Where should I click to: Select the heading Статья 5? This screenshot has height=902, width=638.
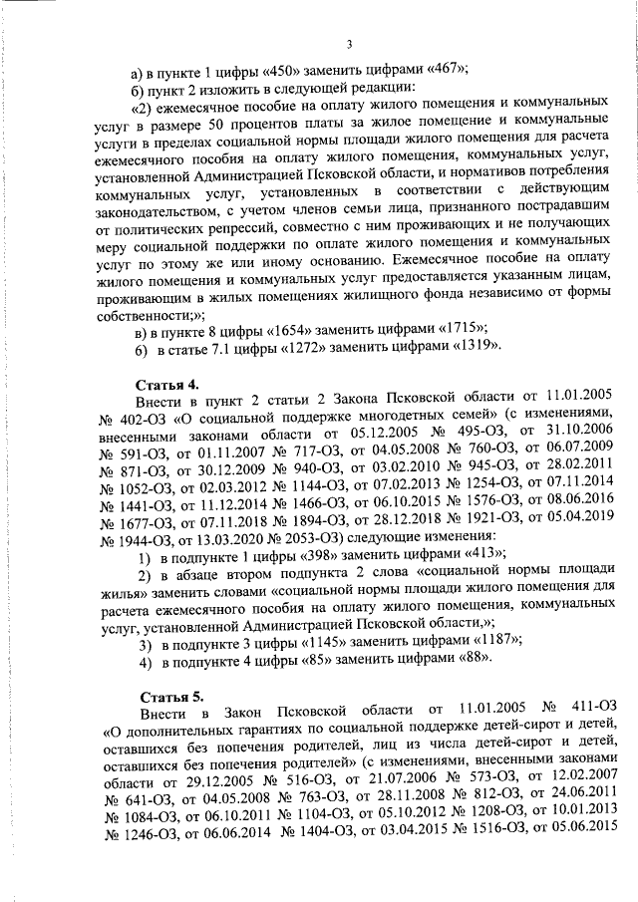(168, 694)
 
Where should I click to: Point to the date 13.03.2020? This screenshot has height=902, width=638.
(195, 538)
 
